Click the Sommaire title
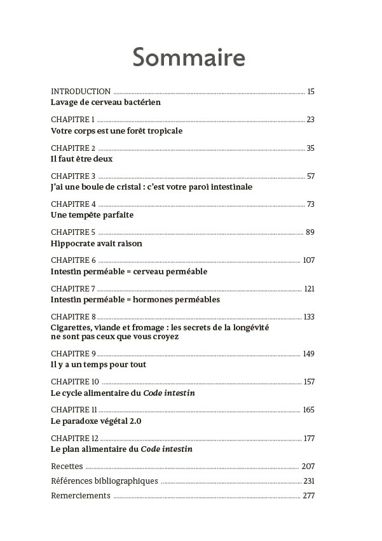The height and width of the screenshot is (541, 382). [x=189, y=58]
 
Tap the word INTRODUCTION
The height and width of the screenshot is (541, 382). [x=81, y=92]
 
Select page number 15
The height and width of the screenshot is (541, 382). [x=311, y=92]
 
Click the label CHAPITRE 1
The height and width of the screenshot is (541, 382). [x=73, y=120]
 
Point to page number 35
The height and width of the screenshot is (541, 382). [x=310, y=148]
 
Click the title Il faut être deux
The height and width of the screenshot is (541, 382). [x=81, y=159]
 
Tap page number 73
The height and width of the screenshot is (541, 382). [x=310, y=204]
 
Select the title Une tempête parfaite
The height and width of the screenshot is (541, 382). [x=92, y=215]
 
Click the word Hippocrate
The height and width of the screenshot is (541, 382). [x=74, y=243]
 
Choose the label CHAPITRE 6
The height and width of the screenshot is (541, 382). [x=73, y=260]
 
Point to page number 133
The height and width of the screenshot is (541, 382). [x=309, y=317]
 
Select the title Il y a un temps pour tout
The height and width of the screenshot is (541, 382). [x=99, y=365]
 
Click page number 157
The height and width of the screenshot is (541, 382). [x=309, y=382]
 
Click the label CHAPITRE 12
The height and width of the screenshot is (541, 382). [x=75, y=439]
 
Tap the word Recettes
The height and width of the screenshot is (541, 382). [x=67, y=467]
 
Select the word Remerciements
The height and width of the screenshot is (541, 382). [x=81, y=496]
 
